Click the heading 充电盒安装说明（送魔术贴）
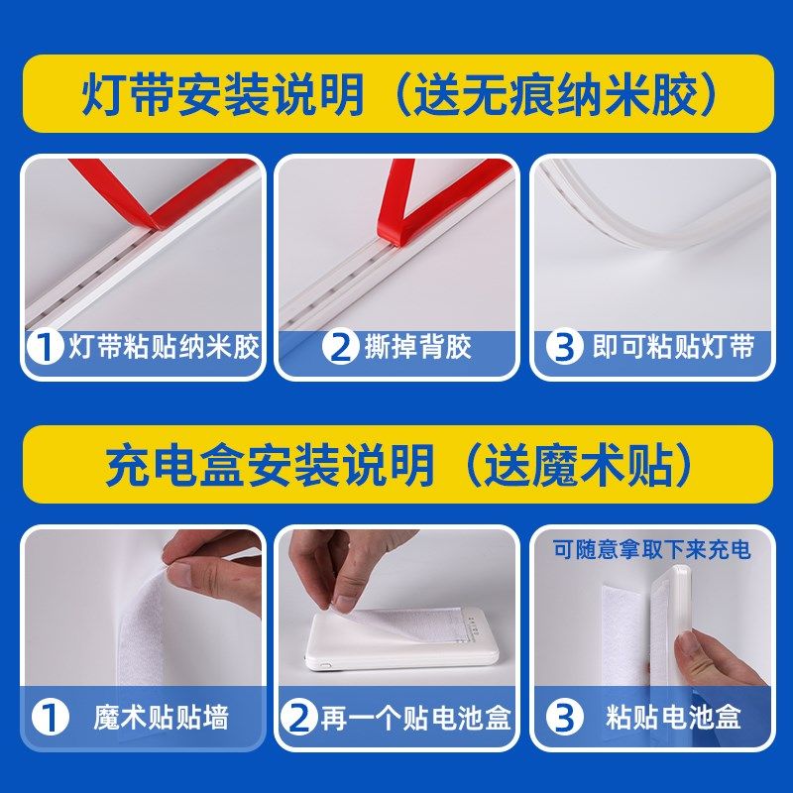point(396,464)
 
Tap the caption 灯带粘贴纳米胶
point(164,347)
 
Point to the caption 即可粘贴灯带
point(672,347)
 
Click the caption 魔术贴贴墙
point(164,716)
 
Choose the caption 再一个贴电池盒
point(415,716)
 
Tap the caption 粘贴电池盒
point(672,716)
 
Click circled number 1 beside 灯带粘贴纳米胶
point(44,347)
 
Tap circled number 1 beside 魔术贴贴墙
point(44,716)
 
